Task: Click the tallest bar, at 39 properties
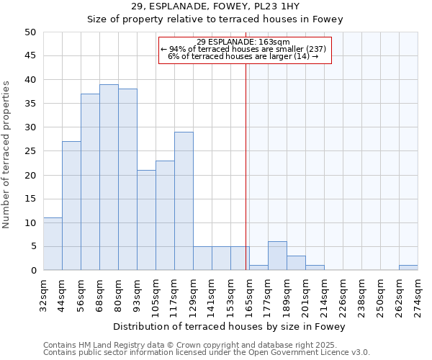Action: click(109, 177)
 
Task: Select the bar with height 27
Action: click(71, 206)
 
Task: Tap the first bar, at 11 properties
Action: click(53, 244)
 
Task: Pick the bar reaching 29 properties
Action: click(184, 201)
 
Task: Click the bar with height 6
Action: click(277, 256)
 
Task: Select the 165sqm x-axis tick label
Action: click(249, 294)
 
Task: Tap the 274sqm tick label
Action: click(418, 294)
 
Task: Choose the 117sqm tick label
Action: click(174, 294)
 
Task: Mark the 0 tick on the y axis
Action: click(33, 271)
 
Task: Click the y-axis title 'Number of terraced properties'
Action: click(7, 154)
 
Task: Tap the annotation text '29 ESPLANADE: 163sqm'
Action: click(243, 42)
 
